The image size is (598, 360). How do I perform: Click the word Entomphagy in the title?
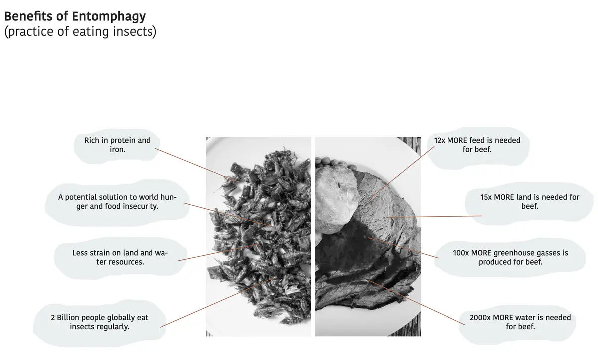[x=109, y=16]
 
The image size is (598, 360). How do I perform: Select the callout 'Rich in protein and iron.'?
[x=117, y=145]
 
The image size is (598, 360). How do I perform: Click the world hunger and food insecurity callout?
[x=117, y=201]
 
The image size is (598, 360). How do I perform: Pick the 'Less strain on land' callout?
[x=120, y=257]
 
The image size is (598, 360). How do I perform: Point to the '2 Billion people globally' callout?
[x=99, y=322]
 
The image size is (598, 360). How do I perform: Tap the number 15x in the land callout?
[x=486, y=197]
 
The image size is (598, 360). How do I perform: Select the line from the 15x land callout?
[x=434, y=217]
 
